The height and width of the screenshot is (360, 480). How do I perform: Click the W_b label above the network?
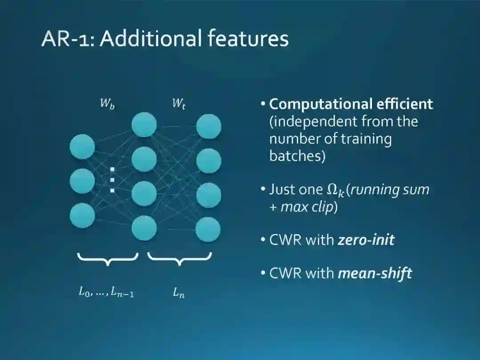[107, 104]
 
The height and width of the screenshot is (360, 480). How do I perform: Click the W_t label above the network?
[178, 104]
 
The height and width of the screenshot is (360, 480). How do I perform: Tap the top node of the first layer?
[82, 146]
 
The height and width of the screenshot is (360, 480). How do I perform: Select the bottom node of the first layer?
[82, 215]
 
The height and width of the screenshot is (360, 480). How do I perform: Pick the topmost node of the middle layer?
[144, 124]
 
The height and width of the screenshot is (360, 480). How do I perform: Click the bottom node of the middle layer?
[144, 228]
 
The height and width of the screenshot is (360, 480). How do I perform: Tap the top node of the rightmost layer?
[208, 127]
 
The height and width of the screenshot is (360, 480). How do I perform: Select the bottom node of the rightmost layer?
[208, 230]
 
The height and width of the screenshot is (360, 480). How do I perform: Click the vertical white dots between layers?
[112, 180]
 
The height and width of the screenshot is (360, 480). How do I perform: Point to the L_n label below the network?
[179, 293]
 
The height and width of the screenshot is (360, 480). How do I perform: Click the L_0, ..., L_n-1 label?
[106, 292]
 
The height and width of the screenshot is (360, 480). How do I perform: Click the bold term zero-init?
[366, 240]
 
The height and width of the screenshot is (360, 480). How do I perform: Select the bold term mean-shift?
[375, 273]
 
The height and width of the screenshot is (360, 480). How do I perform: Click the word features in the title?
[248, 39]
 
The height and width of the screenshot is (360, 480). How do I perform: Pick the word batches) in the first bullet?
[297, 156]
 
